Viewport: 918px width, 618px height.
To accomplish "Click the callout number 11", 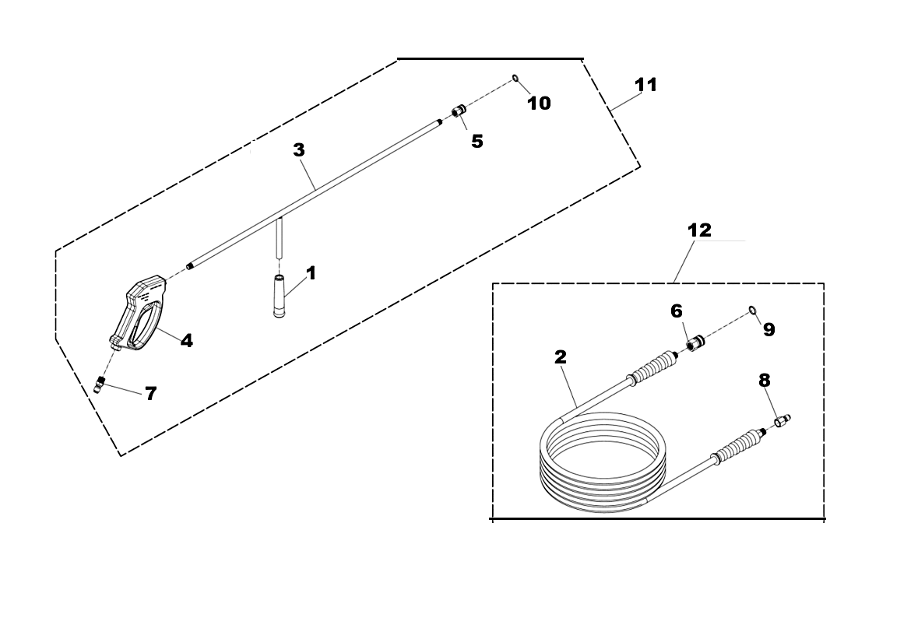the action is click(x=646, y=85).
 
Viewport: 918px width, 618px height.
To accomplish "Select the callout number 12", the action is click(x=700, y=230).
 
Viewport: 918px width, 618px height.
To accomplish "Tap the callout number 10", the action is click(x=540, y=103).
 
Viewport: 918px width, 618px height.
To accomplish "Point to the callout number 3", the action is click(x=299, y=149).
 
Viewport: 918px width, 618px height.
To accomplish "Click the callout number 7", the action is click(x=151, y=393).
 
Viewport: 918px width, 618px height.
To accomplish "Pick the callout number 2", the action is click(x=561, y=357).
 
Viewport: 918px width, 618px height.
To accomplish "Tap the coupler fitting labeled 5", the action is click(x=459, y=110).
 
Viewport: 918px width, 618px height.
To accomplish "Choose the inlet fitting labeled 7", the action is click(x=100, y=385).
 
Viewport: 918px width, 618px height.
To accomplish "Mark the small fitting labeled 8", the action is click(x=783, y=420).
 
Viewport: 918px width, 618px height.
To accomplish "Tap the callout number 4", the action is click(x=186, y=341).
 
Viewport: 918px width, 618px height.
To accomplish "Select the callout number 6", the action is click(x=676, y=311).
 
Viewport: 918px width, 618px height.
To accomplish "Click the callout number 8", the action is click(x=765, y=381).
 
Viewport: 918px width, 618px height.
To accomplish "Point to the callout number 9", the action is click(x=769, y=330).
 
